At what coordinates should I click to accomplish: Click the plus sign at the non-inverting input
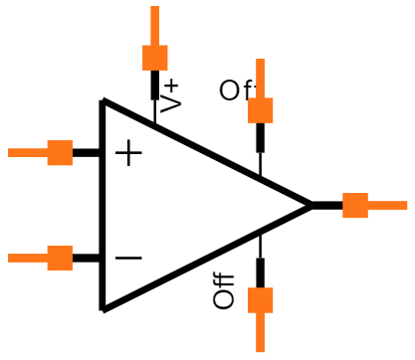[128, 153]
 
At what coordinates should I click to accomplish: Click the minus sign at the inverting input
[128, 259]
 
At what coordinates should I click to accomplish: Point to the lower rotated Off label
[225, 290]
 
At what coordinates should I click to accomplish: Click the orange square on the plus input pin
[60, 152]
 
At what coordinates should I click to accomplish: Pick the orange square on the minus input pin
[60, 258]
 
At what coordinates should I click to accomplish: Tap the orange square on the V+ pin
[154, 57]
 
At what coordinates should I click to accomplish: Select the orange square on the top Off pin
[260, 109]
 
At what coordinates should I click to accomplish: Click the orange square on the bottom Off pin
[260, 300]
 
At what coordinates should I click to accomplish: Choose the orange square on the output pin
[354, 205]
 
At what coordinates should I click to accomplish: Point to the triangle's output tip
[311, 205]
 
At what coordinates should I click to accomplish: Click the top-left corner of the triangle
[103, 101]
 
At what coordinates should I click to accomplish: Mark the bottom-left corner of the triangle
[103, 308]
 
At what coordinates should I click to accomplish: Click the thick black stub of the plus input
[87, 152]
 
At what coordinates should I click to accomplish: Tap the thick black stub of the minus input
[87, 258]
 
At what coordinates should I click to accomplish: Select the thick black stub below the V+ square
[154, 85]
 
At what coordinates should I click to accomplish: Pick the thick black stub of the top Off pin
[260, 136]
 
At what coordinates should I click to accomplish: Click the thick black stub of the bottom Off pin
[260, 272]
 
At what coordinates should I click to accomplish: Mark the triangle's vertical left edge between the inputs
[103, 205]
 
